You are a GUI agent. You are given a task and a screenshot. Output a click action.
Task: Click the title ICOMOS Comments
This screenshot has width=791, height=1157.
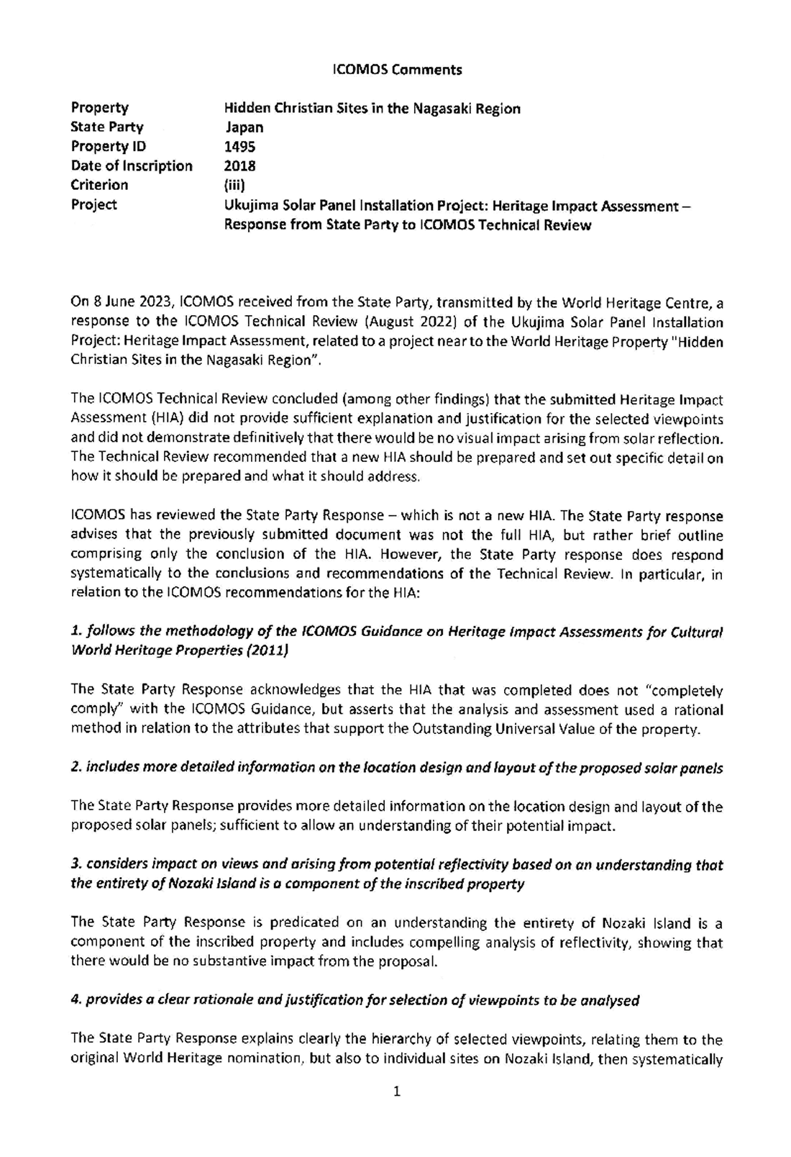pos(398,70)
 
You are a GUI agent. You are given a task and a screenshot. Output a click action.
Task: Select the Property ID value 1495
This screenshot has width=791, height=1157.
pos(239,147)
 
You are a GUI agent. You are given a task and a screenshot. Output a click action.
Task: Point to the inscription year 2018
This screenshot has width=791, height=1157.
pos(239,166)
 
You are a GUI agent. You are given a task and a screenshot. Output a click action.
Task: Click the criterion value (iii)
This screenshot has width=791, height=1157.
pos(235,186)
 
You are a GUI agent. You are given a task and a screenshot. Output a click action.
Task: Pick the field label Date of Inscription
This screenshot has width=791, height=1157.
pos(132,166)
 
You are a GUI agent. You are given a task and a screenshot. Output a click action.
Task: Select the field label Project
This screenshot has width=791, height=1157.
pos(93,205)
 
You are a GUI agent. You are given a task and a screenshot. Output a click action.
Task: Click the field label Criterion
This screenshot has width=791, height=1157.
pos(99,186)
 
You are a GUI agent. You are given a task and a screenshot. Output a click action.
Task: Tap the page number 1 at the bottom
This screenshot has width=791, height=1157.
pos(396,1092)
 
